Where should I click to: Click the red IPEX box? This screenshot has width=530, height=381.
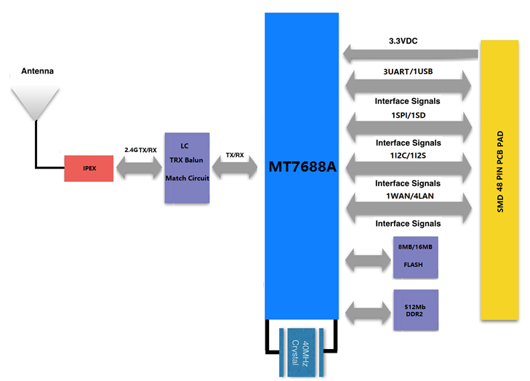pyautogui.click(x=89, y=169)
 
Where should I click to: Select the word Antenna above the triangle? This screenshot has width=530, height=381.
pyautogui.click(x=38, y=71)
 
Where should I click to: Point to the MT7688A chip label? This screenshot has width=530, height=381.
pyautogui.click(x=302, y=167)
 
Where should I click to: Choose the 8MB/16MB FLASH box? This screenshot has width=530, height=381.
pyautogui.click(x=415, y=257)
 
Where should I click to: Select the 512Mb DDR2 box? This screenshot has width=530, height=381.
pyautogui.click(x=415, y=309)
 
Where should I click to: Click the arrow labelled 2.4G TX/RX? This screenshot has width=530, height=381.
pyautogui.click(x=139, y=169)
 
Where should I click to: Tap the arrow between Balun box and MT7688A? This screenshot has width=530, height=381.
pyautogui.click(x=235, y=169)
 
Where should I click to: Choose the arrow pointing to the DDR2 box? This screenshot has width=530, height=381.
pyautogui.click(x=369, y=310)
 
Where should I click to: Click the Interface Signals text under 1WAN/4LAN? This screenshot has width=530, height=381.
pyautogui.click(x=407, y=223)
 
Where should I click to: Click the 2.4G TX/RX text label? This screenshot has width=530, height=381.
pyautogui.click(x=140, y=150)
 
